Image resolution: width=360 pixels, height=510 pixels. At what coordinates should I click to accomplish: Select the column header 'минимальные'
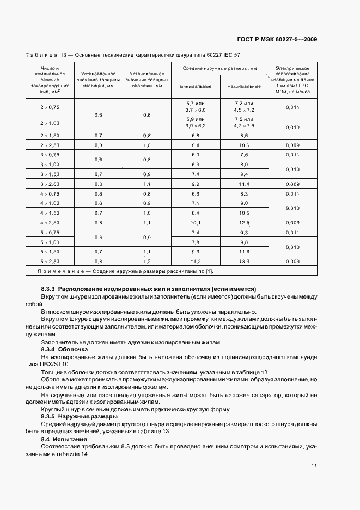pos(196,86)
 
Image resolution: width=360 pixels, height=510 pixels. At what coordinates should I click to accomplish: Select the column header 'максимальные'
pos(244,86)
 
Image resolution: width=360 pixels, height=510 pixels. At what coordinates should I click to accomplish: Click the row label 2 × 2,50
pos(49,145)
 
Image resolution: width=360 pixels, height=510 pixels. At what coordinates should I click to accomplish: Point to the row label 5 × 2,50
pos(49,262)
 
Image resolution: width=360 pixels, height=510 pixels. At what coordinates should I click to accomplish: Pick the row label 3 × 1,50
pos(49,174)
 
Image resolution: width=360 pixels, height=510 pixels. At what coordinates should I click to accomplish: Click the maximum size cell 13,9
pos(244,262)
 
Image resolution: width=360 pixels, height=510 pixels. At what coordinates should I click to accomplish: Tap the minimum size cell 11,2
pos(196,262)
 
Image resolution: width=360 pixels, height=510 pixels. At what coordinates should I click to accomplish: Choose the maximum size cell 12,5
pos(244,222)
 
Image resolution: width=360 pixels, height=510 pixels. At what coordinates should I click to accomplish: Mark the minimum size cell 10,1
pos(196,222)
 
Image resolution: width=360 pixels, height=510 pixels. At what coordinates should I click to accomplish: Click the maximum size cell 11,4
pos(244,184)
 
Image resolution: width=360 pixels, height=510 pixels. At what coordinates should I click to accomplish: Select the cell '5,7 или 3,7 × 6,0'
pos(196,107)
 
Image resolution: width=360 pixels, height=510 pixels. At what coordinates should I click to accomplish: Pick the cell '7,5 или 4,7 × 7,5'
pos(244,123)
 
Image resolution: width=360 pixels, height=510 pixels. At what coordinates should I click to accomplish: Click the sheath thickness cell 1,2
pos(147,262)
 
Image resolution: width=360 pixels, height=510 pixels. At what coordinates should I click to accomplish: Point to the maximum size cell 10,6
pos(244,145)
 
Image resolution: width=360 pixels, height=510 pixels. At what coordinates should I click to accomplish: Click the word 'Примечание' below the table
pos(63,271)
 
